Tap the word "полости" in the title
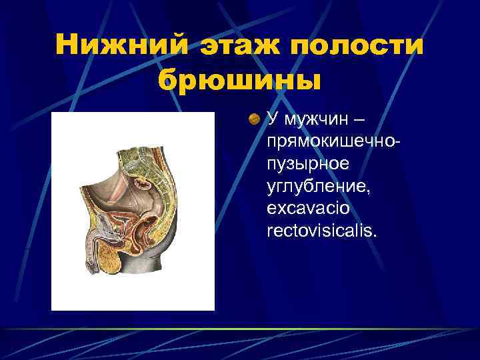coord(361,46)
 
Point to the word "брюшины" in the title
coord(240,80)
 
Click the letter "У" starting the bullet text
coord(271,120)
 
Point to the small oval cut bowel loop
coord(142,181)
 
